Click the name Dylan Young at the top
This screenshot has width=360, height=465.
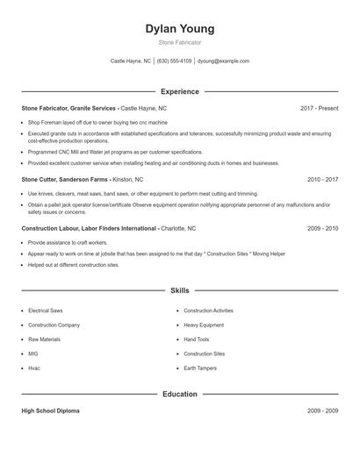coord(179,28)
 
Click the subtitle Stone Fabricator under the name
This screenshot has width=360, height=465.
coord(179,42)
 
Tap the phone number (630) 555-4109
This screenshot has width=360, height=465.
coord(174,61)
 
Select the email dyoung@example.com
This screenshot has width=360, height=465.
coord(224,61)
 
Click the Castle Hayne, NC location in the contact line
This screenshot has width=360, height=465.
coord(131,61)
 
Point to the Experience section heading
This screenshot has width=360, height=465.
coord(179,91)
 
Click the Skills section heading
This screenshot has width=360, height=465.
coord(179,290)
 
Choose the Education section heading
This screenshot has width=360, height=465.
coord(179,394)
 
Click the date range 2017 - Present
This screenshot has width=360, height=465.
coord(319,108)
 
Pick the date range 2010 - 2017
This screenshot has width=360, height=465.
coord(322,179)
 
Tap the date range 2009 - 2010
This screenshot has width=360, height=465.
coord(322,228)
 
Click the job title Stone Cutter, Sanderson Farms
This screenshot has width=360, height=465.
coord(66,179)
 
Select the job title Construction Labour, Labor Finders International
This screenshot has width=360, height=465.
coord(89,228)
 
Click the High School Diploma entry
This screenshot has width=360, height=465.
coord(50,411)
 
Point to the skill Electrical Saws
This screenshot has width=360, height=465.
coord(44,311)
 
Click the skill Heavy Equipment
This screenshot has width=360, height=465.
coord(204,325)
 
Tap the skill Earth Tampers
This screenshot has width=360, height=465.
coord(200,368)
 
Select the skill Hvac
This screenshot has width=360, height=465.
coord(34,368)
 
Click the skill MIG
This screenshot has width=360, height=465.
coord(33,354)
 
